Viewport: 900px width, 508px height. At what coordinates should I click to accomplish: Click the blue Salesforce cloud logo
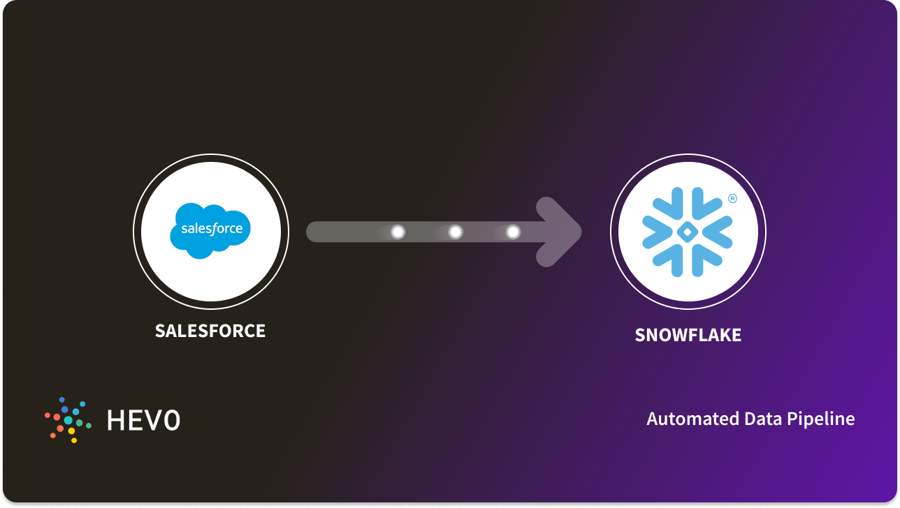coord(210,231)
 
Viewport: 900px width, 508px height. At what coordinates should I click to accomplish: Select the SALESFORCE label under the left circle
coord(210,330)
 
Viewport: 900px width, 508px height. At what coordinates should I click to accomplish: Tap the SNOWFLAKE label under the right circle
coord(688,335)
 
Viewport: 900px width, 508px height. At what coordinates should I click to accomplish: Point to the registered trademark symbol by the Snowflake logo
coord(732,198)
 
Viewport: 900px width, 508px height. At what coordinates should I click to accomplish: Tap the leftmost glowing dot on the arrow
coord(398,232)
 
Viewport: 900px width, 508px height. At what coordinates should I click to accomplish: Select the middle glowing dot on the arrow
coord(455,232)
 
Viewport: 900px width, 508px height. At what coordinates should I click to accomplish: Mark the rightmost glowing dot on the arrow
coord(513,232)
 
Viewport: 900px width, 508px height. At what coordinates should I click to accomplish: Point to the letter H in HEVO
coord(116,420)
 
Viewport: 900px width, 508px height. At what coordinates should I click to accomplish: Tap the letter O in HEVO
coord(170,420)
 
